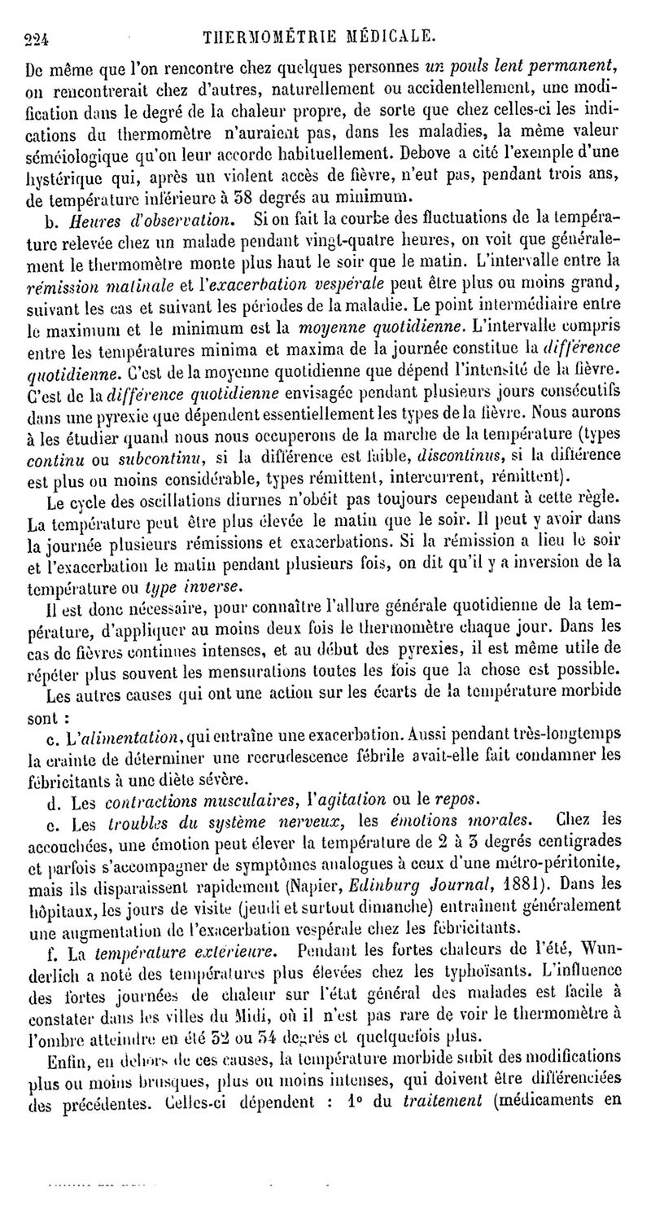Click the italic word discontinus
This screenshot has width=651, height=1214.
point(444,454)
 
